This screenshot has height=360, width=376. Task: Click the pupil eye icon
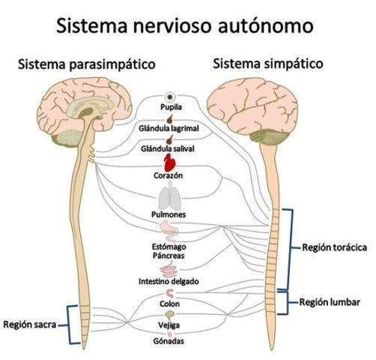(x=172, y=98)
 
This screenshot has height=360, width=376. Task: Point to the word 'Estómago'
(x=168, y=246)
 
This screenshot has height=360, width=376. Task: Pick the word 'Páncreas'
(x=168, y=256)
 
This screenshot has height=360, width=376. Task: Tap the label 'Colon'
(x=169, y=304)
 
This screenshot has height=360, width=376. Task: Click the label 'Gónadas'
(x=169, y=341)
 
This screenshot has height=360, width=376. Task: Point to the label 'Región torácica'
(x=334, y=247)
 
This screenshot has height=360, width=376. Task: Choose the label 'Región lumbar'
(x=330, y=303)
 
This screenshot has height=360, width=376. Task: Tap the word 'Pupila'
(x=172, y=109)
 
